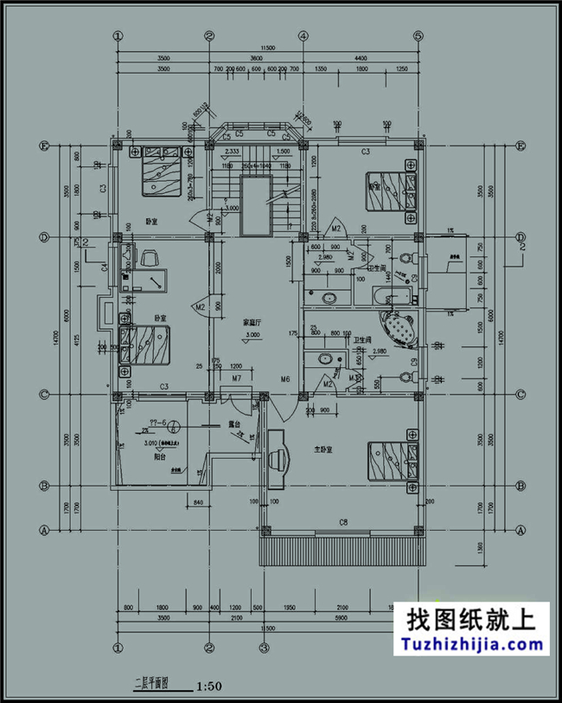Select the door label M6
tap(284, 379)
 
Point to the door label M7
tap(236, 379)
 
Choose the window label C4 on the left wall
tap(104, 269)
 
